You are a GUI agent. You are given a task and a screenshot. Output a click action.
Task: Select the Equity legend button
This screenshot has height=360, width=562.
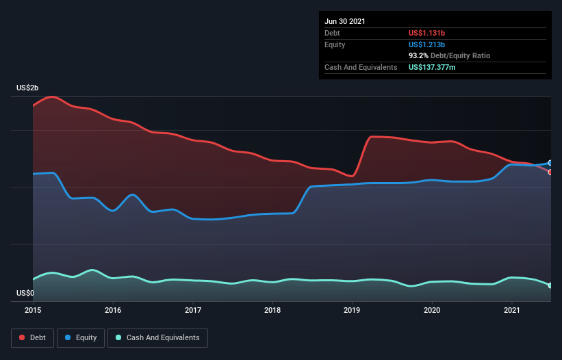point(81,337)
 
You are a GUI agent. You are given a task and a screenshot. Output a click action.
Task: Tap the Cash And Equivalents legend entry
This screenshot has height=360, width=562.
point(157,337)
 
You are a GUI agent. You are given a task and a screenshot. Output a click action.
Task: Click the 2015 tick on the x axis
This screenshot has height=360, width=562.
point(33,310)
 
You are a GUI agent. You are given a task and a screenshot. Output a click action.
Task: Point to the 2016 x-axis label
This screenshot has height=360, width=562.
point(113,310)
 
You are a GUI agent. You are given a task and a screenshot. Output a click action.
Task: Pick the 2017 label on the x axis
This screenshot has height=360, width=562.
point(193,310)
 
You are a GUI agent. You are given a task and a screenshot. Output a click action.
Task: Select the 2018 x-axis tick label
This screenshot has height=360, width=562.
point(272,310)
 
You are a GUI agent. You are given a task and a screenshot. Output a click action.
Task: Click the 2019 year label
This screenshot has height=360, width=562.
point(353,310)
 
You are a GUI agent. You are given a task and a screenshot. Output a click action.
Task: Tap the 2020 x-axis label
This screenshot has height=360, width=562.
point(432,310)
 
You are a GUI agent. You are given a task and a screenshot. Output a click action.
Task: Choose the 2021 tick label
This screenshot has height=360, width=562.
point(512,310)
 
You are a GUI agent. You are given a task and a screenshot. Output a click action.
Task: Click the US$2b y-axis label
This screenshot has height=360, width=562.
point(28,88)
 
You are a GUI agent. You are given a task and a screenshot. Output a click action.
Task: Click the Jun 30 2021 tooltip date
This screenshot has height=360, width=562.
point(345,21)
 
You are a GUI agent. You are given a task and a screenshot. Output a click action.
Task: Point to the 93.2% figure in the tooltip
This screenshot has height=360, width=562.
point(420,55)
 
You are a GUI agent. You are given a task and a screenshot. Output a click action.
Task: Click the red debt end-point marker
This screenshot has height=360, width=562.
point(550,172)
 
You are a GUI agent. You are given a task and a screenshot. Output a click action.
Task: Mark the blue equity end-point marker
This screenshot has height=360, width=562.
point(550,163)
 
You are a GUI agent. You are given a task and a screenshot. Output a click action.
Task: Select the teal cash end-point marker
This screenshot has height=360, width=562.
point(550,285)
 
